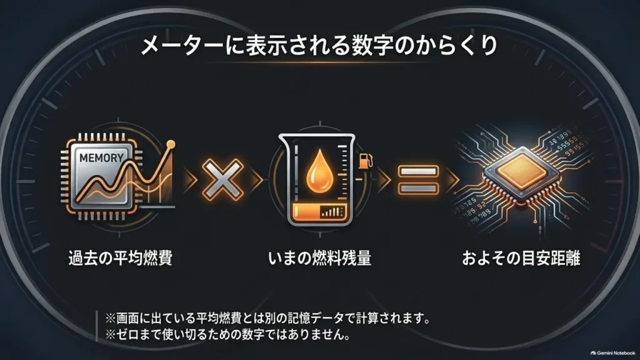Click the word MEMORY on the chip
pos(101,157)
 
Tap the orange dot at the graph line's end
pos(171,144)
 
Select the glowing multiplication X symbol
pos(222,179)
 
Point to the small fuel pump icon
pos(365,161)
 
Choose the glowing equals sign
pos(418,179)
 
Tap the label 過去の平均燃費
pos(121,258)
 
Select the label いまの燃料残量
pos(319,258)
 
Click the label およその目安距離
pos(521,258)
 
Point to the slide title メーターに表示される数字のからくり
pos(319,45)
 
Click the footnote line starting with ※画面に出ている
pos(267,318)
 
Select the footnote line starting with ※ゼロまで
pos(227,335)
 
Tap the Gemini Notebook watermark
pos(612,352)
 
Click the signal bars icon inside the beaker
pos(331,211)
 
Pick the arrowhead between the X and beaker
pos(257,179)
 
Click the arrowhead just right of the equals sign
pos(452,179)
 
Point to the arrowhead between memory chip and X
pos(190,179)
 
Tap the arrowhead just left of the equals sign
pos(384,179)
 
